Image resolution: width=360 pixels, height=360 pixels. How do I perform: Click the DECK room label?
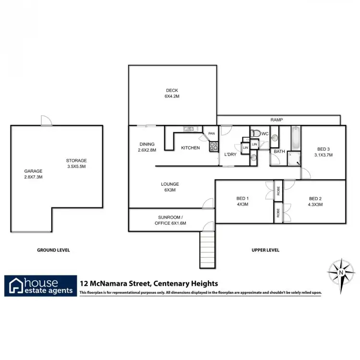(x=172, y=90)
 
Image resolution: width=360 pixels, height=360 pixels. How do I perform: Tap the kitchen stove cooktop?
(x=214, y=147)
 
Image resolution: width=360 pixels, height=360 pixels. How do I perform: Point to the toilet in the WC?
(x=256, y=133)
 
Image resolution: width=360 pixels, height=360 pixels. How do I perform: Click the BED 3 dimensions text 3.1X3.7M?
(x=323, y=155)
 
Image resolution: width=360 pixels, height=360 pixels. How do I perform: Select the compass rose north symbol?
(x=341, y=272)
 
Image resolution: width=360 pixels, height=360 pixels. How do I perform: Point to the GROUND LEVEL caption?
(x=53, y=250)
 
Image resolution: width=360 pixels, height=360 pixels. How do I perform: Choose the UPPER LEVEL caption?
(x=265, y=250)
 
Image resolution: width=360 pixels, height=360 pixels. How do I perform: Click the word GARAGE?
(x=34, y=171)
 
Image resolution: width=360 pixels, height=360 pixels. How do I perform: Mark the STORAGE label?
(x=76, y=160)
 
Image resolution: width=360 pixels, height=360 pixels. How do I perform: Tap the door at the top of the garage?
(x=47, y=122)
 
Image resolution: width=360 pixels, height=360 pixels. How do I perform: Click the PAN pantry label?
(x=211, y=133)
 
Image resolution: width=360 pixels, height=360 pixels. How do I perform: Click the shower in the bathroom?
(x=294, y=160)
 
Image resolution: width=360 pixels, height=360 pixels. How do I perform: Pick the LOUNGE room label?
(x=170, y=184)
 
